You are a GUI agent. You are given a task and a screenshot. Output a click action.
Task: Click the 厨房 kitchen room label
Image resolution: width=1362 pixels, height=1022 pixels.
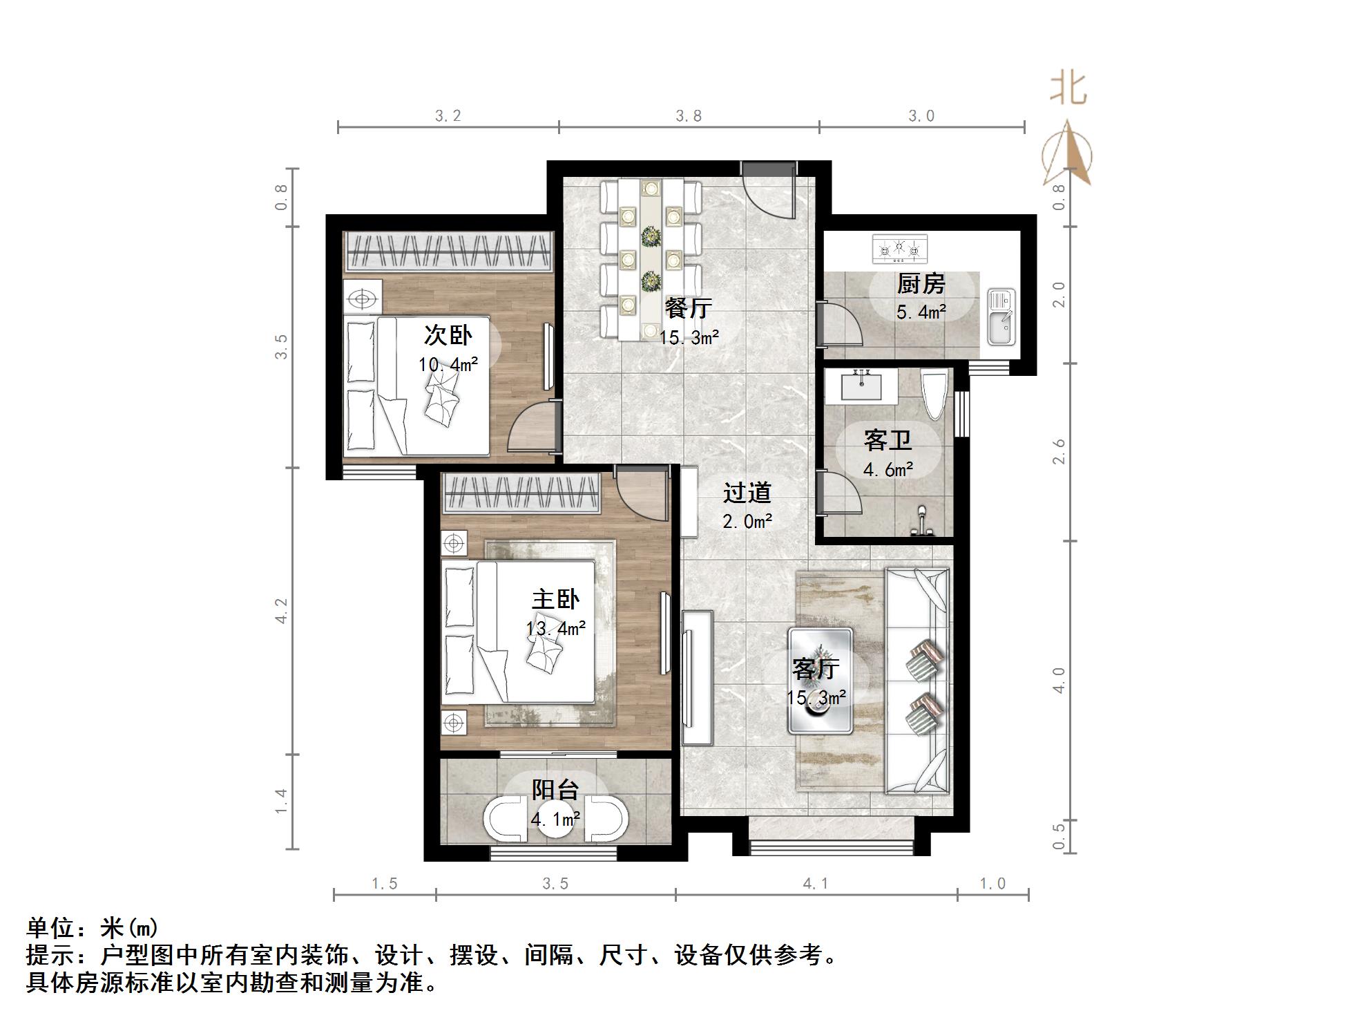click(920, 283)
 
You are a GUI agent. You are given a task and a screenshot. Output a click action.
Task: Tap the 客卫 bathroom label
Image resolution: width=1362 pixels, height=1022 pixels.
click(888, 440)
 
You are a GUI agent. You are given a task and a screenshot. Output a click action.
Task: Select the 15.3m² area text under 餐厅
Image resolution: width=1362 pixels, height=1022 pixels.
click(689, 338)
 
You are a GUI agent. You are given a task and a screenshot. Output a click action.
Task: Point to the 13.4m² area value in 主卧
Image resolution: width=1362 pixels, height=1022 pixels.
click(555, 628)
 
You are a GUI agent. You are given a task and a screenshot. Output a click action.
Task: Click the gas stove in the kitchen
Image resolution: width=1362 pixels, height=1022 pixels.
click(899, 249)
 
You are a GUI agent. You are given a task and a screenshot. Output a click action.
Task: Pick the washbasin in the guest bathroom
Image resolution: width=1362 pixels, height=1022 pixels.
click(862, 384)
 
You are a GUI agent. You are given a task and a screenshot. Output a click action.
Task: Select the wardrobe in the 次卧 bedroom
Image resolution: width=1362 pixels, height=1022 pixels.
click(449, 251)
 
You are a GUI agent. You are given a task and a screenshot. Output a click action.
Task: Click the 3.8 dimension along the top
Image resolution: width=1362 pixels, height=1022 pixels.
click(689, 116)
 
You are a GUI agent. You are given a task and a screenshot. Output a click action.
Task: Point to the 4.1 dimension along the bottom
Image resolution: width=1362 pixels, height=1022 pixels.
click(815, 883)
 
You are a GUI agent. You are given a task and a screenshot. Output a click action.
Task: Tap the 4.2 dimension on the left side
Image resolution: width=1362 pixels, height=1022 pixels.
click(281, 611)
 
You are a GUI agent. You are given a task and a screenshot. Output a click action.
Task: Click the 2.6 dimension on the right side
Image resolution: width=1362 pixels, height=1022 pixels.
click(1059, 451)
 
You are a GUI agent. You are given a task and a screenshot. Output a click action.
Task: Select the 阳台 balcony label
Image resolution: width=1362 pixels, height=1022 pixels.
click(555, 789)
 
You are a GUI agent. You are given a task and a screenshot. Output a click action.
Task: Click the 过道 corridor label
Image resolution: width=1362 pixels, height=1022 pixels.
click(747, 493)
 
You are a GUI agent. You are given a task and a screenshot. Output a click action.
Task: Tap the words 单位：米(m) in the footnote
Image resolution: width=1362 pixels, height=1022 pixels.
click(93, 927)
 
